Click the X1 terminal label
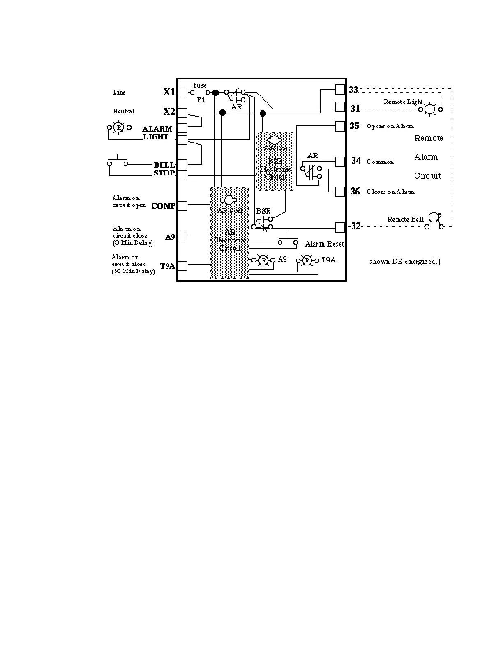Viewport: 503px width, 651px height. point(169,92)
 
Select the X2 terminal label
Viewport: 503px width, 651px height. point(169,111)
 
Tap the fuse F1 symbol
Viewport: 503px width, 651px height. point(200,92)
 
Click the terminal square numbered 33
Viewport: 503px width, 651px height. point(340,89)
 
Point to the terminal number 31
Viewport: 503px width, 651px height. point(355,108)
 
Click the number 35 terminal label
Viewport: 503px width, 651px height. point(354,126)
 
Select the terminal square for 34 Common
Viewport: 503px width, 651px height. point(340,161)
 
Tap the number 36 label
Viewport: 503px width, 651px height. point(355,192)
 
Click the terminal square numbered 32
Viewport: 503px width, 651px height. point(340,227)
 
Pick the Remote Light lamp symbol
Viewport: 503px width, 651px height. point(429,109)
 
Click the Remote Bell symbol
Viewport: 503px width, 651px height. point(434,220)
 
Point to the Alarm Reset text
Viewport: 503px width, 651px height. point(324,244)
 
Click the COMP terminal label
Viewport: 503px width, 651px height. point(163,206)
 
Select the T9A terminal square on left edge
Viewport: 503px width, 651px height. point(182,266)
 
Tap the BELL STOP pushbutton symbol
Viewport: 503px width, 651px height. point(118,162)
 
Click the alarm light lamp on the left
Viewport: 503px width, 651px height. point(119,128)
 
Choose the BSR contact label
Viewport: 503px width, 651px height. point(263,211)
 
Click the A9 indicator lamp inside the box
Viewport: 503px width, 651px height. point(263,260)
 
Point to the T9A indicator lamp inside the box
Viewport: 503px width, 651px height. point(307,260)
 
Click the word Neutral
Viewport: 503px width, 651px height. point(124,111)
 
